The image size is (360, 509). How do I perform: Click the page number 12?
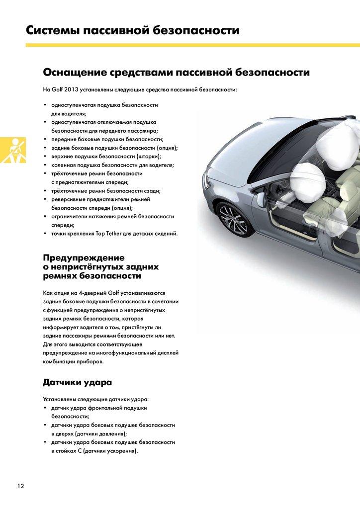pos(20,486)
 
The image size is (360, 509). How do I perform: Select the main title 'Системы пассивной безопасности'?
pos(132,30)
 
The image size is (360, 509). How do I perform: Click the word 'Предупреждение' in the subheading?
pos(84,257)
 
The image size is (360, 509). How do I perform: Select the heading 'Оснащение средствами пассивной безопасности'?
pos(177,73)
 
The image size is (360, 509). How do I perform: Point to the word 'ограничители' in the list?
pos(70,216)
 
